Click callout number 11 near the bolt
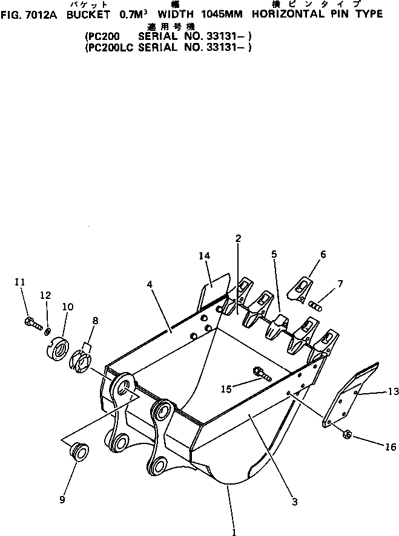[20, 282]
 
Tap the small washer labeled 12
[47, 330]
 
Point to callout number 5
[274, 255]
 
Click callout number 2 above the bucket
[238, 239]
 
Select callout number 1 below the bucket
[234, 532]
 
